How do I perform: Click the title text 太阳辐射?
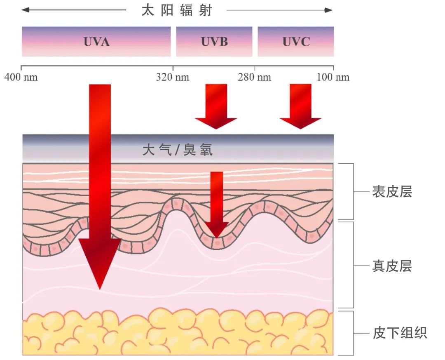coord(177,10)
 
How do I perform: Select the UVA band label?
coord(96,42)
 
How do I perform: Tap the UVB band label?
coord(214,42)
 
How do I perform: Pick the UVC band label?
coord(296,42)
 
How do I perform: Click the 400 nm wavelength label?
coord(21,77)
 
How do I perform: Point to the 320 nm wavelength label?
coord(173,77)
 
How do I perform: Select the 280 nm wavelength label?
coord(254,77)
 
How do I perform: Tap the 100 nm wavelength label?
coord(333,77)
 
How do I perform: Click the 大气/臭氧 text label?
coord(177,150)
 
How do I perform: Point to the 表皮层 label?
coord(392,191)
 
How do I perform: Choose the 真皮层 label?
coord(392,266)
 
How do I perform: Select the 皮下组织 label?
coord(400,333)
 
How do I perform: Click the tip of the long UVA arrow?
coord(100,289)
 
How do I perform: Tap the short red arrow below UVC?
coord(300,106)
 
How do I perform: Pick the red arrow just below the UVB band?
coord(216,106)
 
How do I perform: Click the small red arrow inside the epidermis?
coord(217,205)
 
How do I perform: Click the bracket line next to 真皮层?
coord(354,265)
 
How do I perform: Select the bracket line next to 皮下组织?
coord(354,333)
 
